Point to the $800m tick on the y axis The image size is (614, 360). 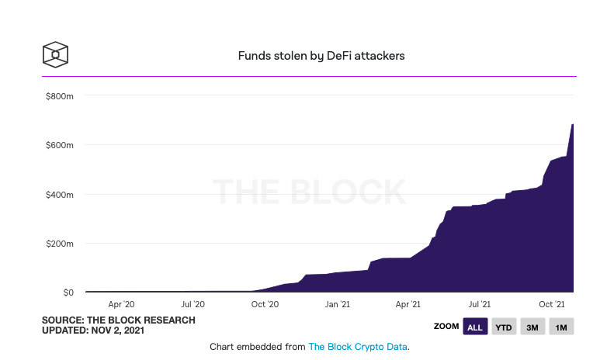(x=59, y=95)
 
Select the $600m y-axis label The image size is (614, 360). (x=59, y=145)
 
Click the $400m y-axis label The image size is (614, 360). (x=59, y=194)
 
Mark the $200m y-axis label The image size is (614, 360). (x=59, y=244)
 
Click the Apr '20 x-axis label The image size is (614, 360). (x=121, y=306)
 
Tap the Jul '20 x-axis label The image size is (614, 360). (x=193, y=306)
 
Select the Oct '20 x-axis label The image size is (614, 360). (x=265, y=306)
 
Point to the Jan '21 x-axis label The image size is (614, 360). (x=337, y=306)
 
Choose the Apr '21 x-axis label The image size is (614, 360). (x=408, y=306)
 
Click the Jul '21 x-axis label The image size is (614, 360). (x=479, y=306)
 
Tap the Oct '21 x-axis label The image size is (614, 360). (x=551, y=306)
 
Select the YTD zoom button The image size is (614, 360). (x=503, y=327)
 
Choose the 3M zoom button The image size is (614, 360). (x=532, y=327)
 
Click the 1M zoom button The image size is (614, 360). (x=561, y=327)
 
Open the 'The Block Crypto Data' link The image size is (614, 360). (x=358, y=347)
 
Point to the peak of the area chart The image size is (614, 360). (x=573, y=124)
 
